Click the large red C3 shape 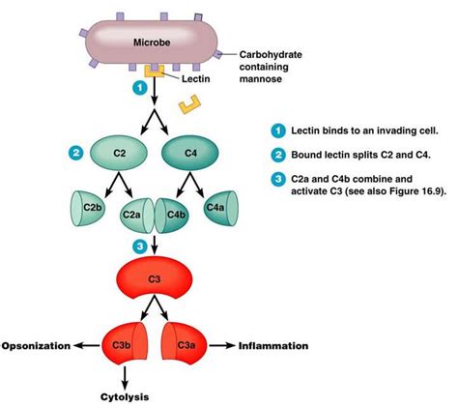coord(157,280)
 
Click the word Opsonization coord(38,345)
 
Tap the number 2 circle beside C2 coord(73,152)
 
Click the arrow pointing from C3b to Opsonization coord(91,345)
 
